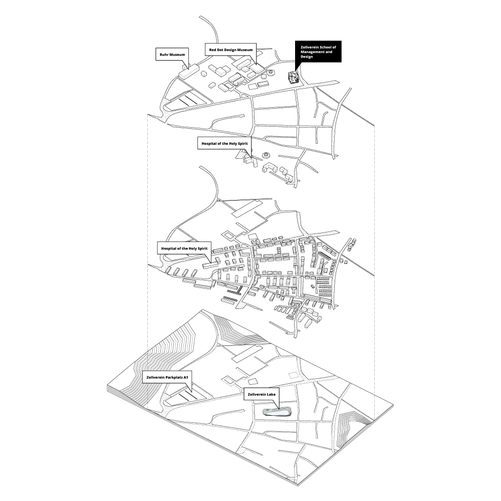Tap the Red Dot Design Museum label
pos(231,50)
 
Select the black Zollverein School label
pos(318,52)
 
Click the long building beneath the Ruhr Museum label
pos(190,72)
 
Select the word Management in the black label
pos(310,52)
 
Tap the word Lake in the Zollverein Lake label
pos(271,395)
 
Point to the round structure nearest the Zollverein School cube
pos(272,72)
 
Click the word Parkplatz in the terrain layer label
pos(171,378)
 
